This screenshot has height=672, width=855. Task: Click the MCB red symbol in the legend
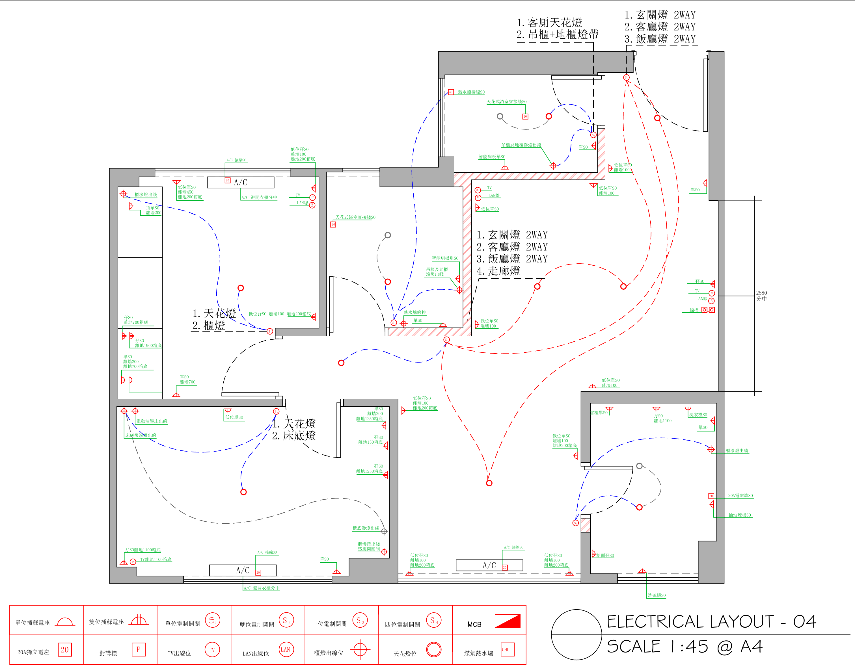[508, 621]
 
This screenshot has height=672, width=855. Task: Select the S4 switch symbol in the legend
[433, 621]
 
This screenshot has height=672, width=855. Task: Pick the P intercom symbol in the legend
[138, 650]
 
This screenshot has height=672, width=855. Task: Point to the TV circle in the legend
[212, 650]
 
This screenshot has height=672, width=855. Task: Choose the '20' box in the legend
[64, 650]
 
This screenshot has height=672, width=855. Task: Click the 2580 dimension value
[761, 293]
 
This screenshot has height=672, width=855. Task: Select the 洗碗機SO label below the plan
[657, 595]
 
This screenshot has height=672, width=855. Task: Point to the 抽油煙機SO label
[739, 515]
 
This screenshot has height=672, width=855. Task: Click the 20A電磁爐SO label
[740, 496]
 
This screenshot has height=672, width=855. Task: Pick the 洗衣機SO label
[698, 415]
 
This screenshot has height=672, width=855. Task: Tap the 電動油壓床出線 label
[152, 421]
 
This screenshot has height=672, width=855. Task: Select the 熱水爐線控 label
[414, 312]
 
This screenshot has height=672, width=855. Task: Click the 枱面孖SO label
[605, 556]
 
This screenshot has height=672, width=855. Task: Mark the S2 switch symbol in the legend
[286, 621]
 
